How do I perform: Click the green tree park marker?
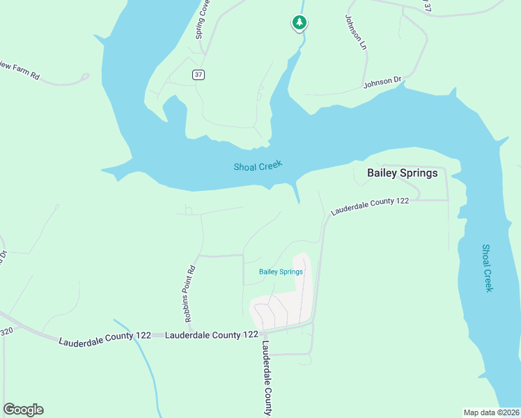(x=299, y=23)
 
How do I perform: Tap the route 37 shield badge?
(x=199, y=75)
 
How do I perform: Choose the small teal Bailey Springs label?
(x=281, y=272)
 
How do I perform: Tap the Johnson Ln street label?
(x=355, y=32)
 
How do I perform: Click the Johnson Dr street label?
(x=382, y=84)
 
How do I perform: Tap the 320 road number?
(x=7, y=332)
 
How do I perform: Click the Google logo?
(x=23, y=410)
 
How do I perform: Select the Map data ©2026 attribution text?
(x=491, y=412)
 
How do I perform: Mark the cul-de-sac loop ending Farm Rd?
(x=85, y=76)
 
